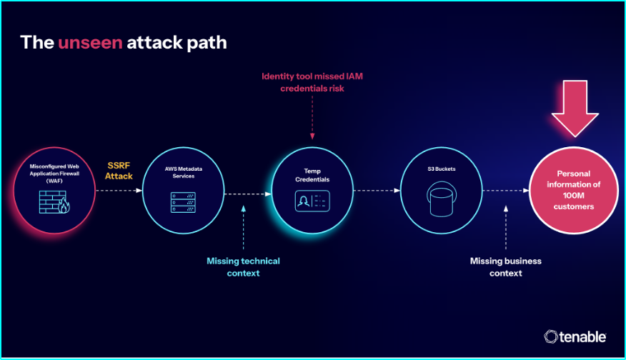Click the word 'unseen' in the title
click(x=90, y=42)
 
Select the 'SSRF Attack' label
click(x=119, y=170)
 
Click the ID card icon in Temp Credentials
click(x=312, y=201)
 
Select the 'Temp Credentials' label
click(x=312, y=176)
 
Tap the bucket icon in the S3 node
click(x=439, y=199)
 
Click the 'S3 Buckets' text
click(x=439, y=169)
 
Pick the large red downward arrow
click(x=575, y=106)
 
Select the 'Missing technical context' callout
click(x=243, y=266)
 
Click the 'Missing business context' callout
click(x=505, y=266)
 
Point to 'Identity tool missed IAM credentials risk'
click(x=313, y=82)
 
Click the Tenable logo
click(x=575, y=336)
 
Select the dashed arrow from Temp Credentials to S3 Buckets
click(x=376, y=191)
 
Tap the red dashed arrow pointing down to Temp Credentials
click(x=312, y=118)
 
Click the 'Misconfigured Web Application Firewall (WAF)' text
click(x=55, y=173)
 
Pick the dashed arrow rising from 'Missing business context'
click(x=505, y=229)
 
